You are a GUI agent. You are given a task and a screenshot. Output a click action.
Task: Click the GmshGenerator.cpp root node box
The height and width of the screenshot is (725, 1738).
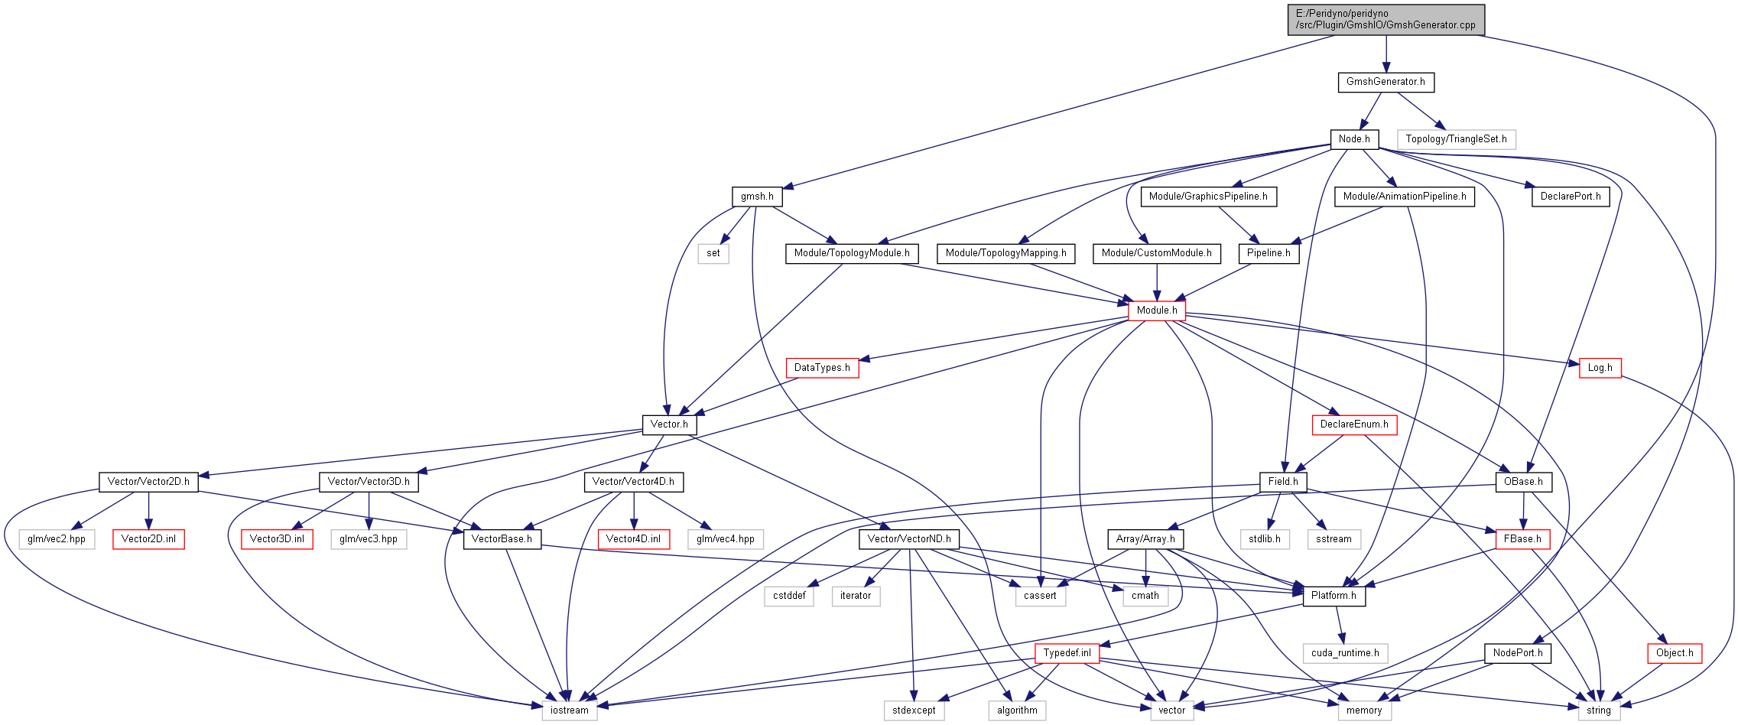(x=1386, y=19)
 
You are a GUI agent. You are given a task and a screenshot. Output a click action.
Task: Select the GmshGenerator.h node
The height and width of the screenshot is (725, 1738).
(x=1386, y=82)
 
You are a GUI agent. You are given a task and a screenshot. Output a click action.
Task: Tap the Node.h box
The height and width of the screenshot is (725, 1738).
(x=1354, y=139)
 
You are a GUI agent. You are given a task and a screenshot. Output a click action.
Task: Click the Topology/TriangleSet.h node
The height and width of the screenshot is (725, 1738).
(x=1456, y=139)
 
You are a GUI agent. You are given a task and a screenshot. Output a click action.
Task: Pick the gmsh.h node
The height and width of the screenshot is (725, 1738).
(x=757, y=197)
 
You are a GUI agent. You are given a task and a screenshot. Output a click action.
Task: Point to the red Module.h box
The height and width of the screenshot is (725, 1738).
(x=1157, y=310)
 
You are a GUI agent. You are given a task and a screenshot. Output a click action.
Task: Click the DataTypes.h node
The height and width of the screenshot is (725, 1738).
(x=822, y=368)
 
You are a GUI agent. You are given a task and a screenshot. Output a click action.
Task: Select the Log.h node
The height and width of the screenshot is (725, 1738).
(x=1600, y=368)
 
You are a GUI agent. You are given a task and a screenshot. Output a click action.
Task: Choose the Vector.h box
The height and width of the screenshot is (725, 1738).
(x=669, y=424)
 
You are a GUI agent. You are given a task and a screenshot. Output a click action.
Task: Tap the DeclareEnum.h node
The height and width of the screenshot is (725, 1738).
(x=1354, y=424)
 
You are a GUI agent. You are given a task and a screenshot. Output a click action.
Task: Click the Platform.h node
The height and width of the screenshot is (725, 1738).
(x=1334, y=596)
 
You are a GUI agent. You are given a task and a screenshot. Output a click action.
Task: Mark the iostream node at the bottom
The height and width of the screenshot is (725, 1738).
(x=570, y=710)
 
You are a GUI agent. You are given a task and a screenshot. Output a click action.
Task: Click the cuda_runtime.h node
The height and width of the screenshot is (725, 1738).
(x=1345, y=653)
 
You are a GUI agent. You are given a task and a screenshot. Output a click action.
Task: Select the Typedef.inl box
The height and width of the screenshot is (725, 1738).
(x=1067, y=653)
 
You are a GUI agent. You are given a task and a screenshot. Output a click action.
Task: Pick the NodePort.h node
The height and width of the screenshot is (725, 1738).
(x=1518, y=653)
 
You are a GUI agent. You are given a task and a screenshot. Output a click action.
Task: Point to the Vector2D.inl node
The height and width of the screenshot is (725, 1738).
(x=148, y=539)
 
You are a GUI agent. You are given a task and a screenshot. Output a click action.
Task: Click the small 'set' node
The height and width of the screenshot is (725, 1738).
(x=713, y=253)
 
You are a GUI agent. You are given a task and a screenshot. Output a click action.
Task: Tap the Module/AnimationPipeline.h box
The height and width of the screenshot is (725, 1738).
(x=1405, y=197)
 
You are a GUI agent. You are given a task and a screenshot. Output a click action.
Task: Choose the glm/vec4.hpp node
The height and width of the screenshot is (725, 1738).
(x=726, y=539)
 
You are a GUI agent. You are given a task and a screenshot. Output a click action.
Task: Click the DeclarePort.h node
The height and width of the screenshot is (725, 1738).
(x=1571, y=197)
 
